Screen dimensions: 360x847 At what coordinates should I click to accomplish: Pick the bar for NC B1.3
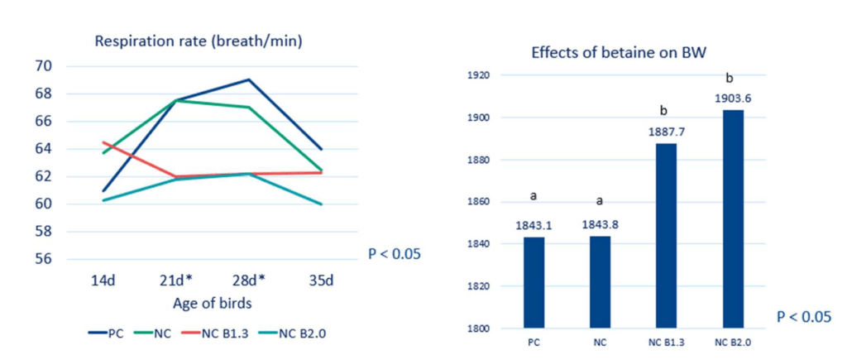point(666,236)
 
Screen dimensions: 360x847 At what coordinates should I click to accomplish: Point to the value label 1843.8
point(601,224)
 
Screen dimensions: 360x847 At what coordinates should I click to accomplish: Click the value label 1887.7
point(666,130)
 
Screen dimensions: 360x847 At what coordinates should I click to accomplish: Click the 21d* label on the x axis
point(178,281)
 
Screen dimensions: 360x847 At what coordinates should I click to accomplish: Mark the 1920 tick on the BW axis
point(480,75)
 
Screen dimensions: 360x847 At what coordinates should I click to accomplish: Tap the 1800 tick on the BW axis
point(480,329)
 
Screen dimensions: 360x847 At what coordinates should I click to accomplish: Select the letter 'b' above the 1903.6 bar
point(730,79)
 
